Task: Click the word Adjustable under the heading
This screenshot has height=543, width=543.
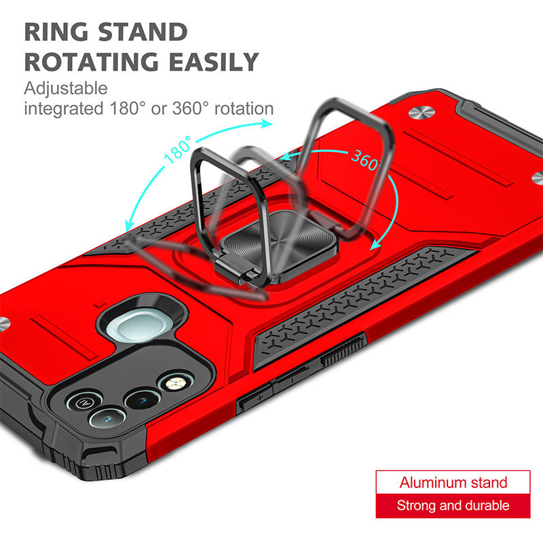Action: click(66, 88)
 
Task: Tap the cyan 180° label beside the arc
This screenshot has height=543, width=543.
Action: click(179, 147)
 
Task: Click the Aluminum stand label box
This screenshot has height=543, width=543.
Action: click(453, 483)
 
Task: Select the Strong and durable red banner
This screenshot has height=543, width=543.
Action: click(453, 505)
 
